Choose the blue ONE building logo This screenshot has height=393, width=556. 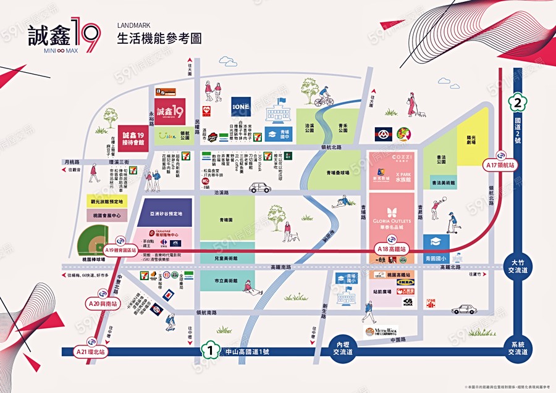tap(240, 105)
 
